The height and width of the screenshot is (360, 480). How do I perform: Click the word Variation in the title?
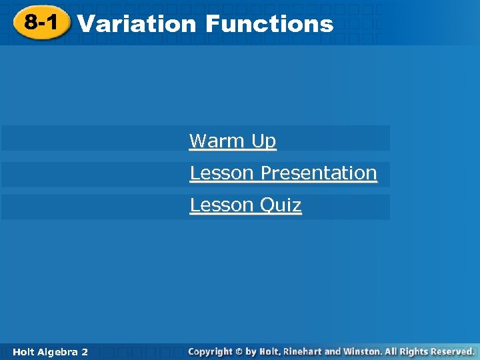point(137,24)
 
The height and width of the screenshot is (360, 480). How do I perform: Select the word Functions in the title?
point(269,24)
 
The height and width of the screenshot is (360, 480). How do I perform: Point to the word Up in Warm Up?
point(263,141)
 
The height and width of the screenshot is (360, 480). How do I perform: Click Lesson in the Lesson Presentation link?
point(222,173)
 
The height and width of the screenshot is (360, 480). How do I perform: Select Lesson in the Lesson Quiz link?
point(222,205)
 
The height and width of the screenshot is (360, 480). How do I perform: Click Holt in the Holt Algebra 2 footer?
point(23,351)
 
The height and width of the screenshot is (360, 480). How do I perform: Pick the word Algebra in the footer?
point(58,351)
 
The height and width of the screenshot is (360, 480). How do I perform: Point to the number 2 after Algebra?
point(85,351)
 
